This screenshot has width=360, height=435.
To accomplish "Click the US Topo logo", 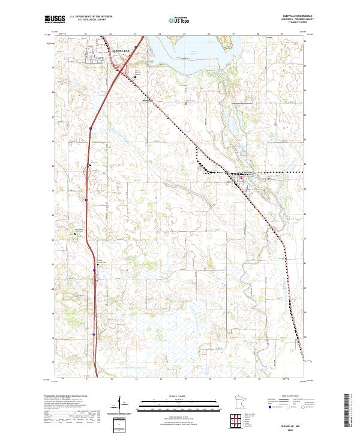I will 170,20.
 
